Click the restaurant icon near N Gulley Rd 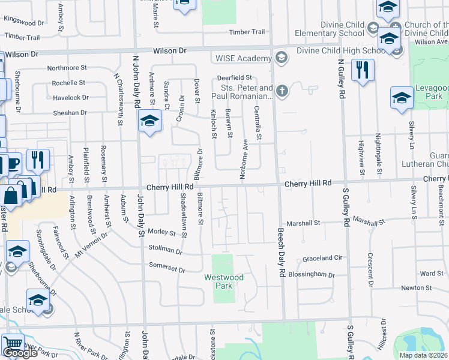pos(363,70)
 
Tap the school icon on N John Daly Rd pos(149,122)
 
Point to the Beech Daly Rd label pos(280,253)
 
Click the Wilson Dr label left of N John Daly pos(22,54)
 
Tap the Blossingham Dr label pos(311,274)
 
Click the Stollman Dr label pos(166,249)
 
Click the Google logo pos(20,353)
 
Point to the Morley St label pos(162,233)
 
